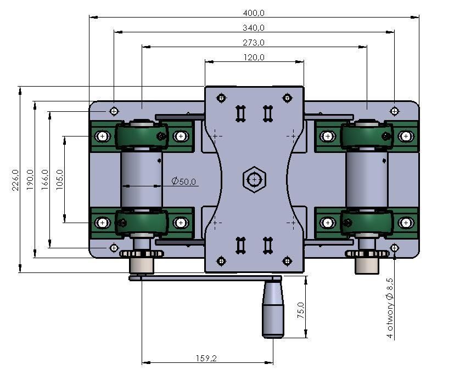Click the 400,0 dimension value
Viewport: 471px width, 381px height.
tap(254, 13)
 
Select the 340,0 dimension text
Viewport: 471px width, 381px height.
tap(254, 28)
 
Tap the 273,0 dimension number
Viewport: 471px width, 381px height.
tap(254, 43)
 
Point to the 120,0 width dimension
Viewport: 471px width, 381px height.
tap(254, 58)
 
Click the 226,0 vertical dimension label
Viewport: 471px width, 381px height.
tap(15, 180)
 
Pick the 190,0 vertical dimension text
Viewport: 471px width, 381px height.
tap(30, 179)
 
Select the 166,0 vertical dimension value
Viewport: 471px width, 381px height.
tap(45, 179)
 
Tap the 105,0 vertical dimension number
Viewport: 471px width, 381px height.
tap(59, 179)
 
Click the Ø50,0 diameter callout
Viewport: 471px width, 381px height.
tap(183, 181)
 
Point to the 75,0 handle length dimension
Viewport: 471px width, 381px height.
tap(300, 310)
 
